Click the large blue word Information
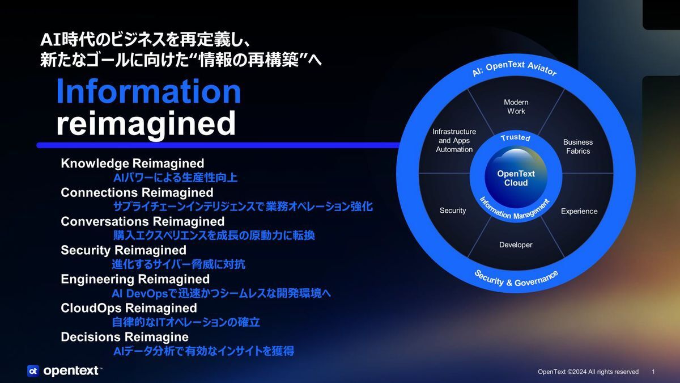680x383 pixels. tap(148, 91)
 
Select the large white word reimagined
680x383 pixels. tap(146, 124)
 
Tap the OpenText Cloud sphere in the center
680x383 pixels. tap(516, 178)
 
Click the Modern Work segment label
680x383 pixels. tap(516, 107)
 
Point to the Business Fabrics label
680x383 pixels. tap(578, 146)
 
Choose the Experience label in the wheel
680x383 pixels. tap(579, 211)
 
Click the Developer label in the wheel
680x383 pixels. tap(516, 245)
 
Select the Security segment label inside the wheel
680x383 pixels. tap(453, 211)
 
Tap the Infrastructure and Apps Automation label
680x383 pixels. tap(454, 141)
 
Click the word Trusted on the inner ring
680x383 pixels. tap(516, 137)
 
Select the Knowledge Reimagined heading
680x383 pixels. tap(133, 163)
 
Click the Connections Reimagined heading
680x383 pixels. tap(137, 192)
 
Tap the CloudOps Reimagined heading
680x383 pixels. tap(129, 308)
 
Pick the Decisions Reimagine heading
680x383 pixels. tap(125, 337)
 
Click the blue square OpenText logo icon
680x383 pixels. tap(33, 371)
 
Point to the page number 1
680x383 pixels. tap(653, 372)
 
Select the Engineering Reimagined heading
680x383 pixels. tap(135, 279)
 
